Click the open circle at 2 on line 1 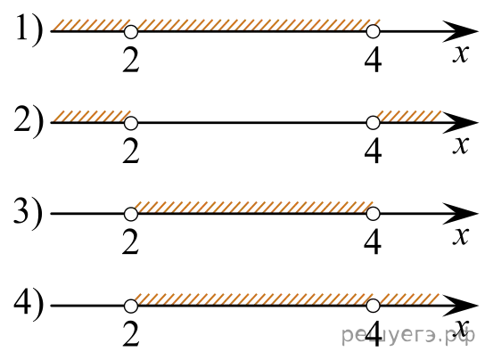tap(131, 32)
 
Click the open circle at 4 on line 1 tap(373, 32)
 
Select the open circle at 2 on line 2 tap(131, 123)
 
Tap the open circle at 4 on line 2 tap(373, 123)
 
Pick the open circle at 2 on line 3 tap(131, 214)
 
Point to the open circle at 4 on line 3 tap(373, 214)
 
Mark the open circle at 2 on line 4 tap(131, 306)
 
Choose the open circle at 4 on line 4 tap(373, 306)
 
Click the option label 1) tap(29, 31)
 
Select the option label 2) tap(29, 122)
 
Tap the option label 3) tap(29, 214)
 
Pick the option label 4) tap(29, 305)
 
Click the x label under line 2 tap(461, 145)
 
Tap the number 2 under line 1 tap(131, 61)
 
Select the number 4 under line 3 tap(373, 243)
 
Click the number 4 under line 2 tap(373, 152)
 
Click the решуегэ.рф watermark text tap(408, 335)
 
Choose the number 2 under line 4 tap(131, 335)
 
